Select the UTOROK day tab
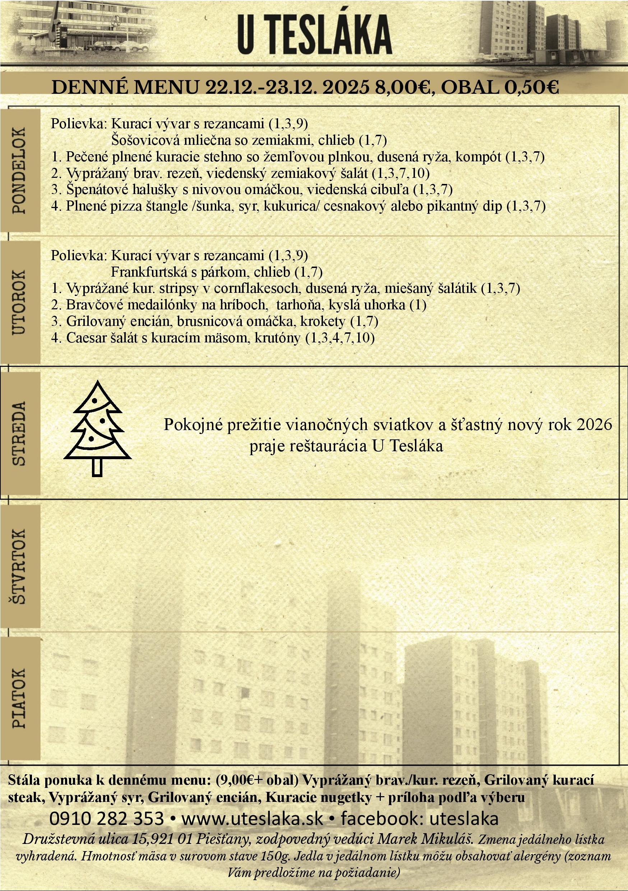point(19,302)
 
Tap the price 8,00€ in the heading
point(402,88)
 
